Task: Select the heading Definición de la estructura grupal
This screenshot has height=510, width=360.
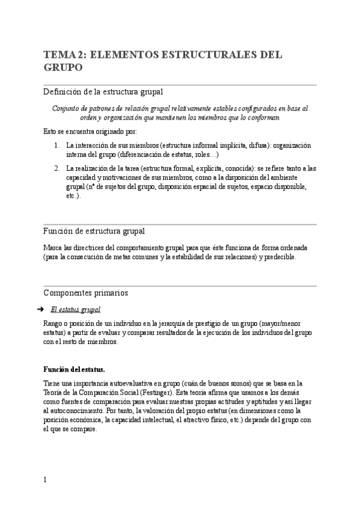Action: (103, 91)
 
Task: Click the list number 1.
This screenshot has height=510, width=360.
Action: (56, 146)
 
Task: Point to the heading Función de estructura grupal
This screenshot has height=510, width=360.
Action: (93, 231)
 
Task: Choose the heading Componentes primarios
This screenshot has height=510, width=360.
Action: (85, 293)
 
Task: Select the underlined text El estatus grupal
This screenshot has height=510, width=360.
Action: (76, 310)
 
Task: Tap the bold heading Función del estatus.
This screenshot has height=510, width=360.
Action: (74, 369)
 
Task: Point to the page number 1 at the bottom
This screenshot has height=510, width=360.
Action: (44, 480)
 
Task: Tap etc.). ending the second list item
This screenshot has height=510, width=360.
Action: (73, 196)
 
